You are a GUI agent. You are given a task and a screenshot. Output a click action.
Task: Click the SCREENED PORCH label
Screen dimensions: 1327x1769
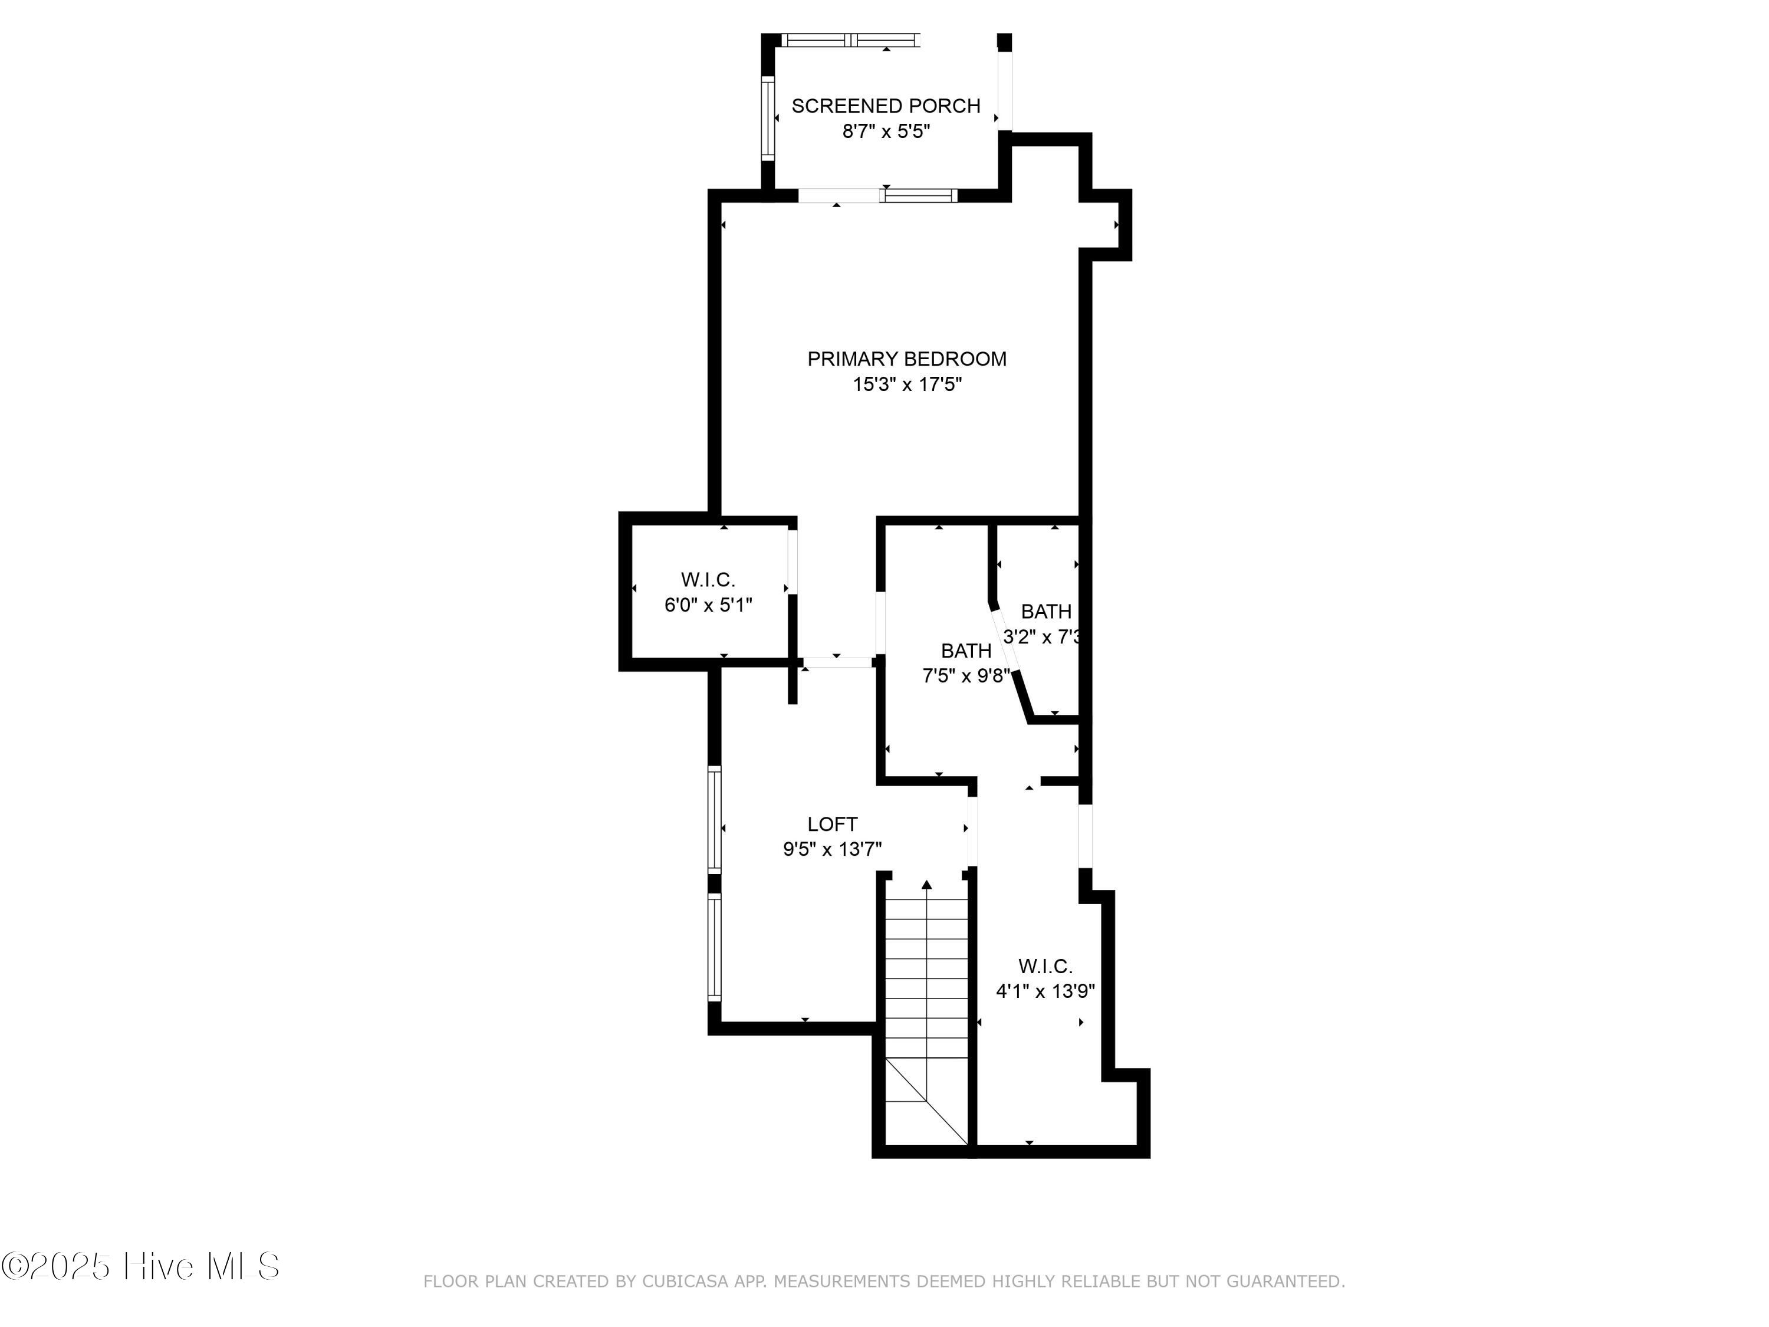885,106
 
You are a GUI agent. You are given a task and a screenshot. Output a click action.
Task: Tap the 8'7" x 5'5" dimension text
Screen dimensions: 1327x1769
885,131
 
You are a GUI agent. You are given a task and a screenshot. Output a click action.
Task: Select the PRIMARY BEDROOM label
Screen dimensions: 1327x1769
906,359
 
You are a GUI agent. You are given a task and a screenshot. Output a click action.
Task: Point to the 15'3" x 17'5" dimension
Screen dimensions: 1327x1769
906,385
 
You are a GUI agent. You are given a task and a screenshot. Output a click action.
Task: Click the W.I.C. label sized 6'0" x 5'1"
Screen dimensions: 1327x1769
708,579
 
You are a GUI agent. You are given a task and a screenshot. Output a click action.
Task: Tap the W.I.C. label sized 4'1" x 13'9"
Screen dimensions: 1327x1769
1044,966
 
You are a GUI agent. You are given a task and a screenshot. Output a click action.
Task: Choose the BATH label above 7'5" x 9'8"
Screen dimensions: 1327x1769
965,651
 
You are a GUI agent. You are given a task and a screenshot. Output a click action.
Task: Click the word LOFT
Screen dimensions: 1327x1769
831,824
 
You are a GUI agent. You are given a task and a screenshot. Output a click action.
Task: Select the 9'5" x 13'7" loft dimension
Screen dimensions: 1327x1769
831,849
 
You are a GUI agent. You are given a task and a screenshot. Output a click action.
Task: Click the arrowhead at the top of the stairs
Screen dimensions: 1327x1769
927,885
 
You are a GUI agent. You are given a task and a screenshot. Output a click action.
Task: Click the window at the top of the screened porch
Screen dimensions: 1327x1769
850,39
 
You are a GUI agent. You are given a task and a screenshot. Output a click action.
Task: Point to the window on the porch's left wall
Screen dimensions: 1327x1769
768,117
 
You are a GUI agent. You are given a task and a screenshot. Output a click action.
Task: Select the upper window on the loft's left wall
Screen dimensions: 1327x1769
715,818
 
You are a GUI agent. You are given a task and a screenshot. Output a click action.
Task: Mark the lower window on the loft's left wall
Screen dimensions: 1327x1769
715,946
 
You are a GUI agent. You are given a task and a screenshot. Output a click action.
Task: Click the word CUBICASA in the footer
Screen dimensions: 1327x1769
684,1282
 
